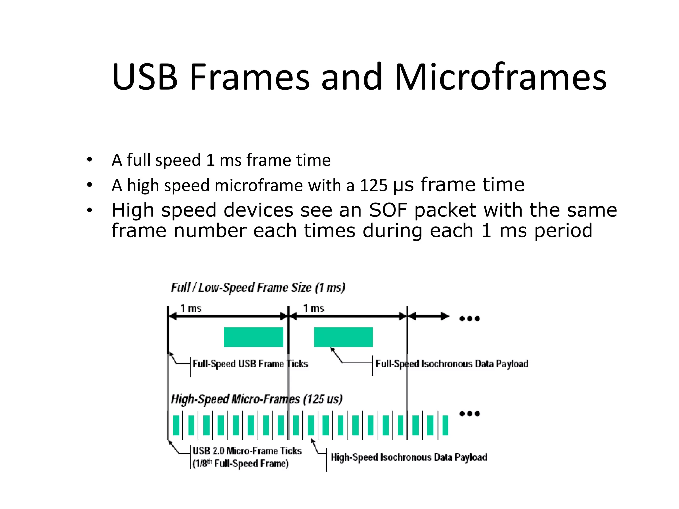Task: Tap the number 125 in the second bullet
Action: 373,185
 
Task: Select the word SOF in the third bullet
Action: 388,210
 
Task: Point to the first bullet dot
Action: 89,160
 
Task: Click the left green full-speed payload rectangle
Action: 254,337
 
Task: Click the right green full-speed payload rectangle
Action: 343,337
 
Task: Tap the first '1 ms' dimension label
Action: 191,308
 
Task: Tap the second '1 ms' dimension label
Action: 314,308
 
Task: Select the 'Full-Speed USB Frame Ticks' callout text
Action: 250,364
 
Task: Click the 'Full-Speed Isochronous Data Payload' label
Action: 452,364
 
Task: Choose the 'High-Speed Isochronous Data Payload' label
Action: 409,457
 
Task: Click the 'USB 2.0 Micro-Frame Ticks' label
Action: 247,451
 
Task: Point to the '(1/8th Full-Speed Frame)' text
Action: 241,463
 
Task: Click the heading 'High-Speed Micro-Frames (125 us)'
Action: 257,399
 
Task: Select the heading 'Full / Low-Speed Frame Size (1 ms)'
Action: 258,287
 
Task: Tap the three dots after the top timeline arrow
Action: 469,319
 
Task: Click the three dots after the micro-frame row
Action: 469,414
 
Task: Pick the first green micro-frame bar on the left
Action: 176,425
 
